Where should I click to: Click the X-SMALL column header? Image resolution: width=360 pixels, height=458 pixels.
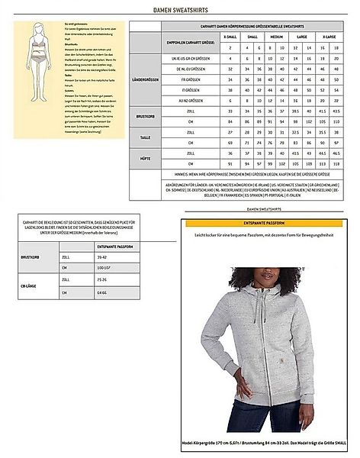point(230,36)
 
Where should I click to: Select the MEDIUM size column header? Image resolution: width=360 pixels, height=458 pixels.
point(277,36)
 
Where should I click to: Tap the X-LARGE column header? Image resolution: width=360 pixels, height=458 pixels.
point(329,36)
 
